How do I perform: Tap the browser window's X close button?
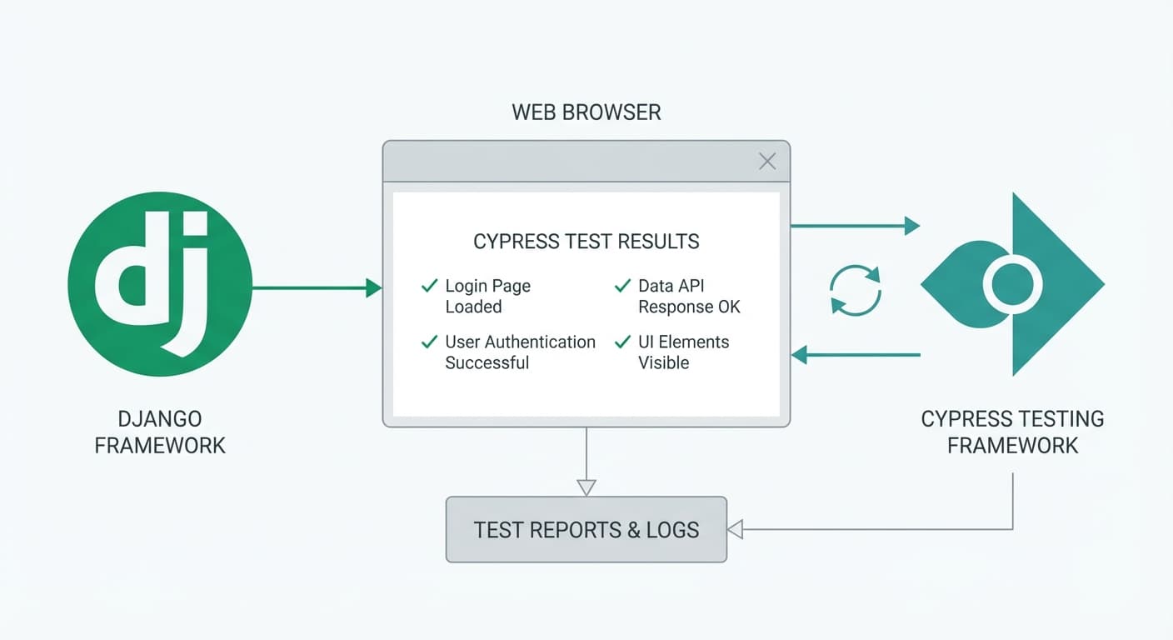coord(767,162)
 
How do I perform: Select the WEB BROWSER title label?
coord(586,112)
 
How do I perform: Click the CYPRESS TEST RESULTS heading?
coord(586,242)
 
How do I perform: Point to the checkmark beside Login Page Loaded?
coord(430,286)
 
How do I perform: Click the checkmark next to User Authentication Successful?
coord(430,342)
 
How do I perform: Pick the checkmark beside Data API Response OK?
coord(622,286)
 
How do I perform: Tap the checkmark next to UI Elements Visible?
coord(622,342)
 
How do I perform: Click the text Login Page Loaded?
coord(487,296)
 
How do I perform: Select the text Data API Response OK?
coord(689,296)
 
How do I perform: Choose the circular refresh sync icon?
coord(855,290)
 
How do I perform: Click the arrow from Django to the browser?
coord(317,288)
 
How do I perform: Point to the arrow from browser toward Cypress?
coord(854,225)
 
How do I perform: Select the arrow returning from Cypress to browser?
coord(854,356)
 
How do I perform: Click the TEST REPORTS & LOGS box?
coord(586,529)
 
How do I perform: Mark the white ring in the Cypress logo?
coord(1012,284)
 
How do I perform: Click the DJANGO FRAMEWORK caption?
coord(160,432)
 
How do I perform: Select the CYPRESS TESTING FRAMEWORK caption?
coord(1012,432)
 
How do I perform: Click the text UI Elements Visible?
coord(683,352)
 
